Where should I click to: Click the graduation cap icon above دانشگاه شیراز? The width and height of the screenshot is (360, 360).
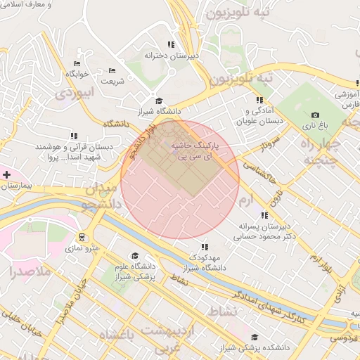point(159,101)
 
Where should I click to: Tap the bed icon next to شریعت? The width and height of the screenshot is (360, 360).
point(112,71)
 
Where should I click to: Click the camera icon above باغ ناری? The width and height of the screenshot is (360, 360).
point(315,115)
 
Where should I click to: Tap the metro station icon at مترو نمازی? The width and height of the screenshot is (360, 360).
point(82,237)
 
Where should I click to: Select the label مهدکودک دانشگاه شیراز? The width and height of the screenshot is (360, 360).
point(203,262)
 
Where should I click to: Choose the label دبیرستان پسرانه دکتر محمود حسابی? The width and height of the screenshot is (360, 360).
point(266,231)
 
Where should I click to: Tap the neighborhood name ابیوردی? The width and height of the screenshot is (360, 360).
point(75,91)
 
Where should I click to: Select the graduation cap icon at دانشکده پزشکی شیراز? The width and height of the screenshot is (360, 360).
point(255,337)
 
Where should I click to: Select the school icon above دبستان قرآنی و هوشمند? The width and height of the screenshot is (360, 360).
point(74,136)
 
